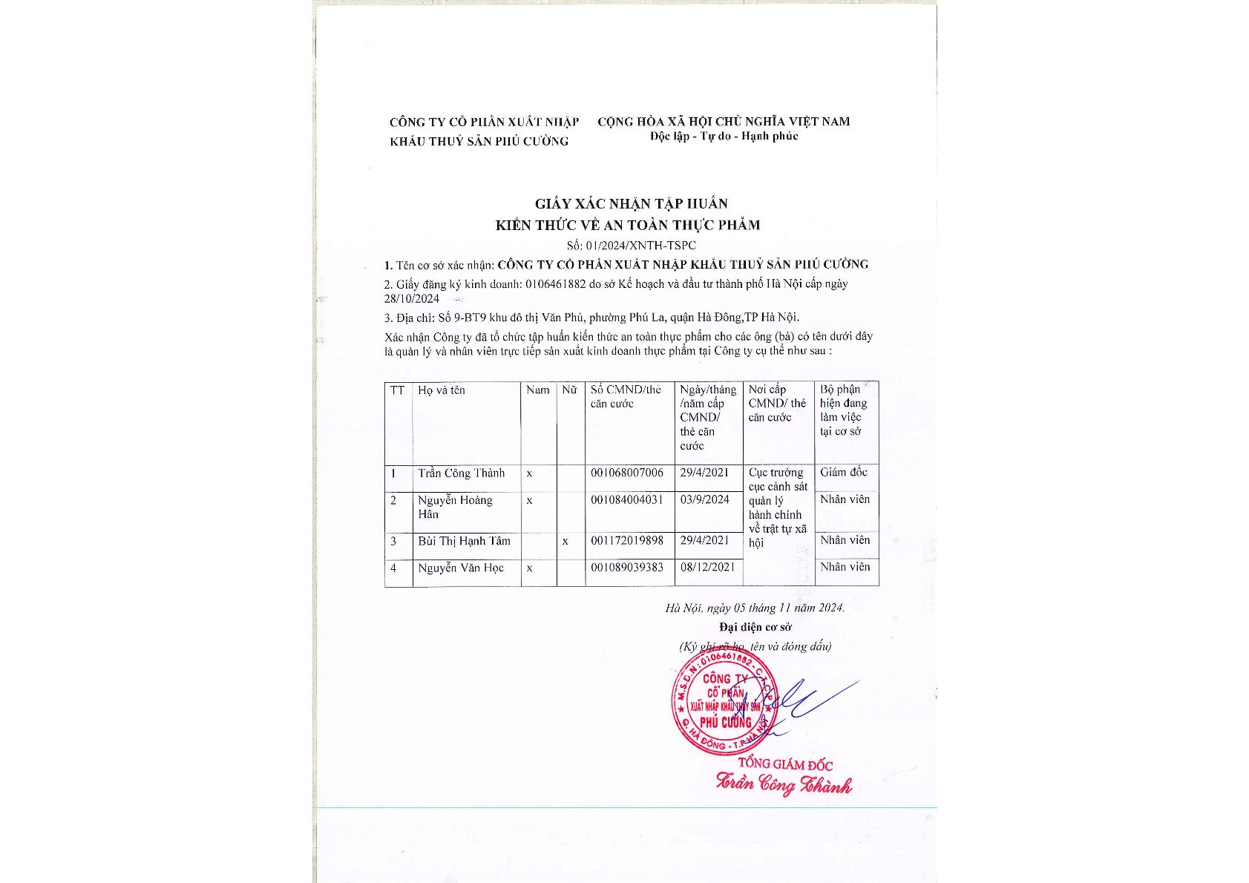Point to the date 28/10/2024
(412, 299)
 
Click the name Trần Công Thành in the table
(461, 473)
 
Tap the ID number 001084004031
(627, 500)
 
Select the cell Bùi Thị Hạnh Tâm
(464, 541)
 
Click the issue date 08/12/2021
(707, 567)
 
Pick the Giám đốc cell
(844, 473)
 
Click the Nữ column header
(569, 390)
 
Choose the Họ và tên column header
(442, 390)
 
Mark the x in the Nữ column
(566, 542)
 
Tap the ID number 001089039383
(627, 568)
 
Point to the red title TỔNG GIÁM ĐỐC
(785, 764)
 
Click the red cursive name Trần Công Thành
(784, 784)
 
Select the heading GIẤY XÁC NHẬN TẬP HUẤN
(631, 203)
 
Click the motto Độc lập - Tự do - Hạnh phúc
(724, 137)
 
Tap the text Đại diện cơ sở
(755, 627)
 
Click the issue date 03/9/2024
(704, 500)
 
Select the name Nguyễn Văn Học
(460, 568)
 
